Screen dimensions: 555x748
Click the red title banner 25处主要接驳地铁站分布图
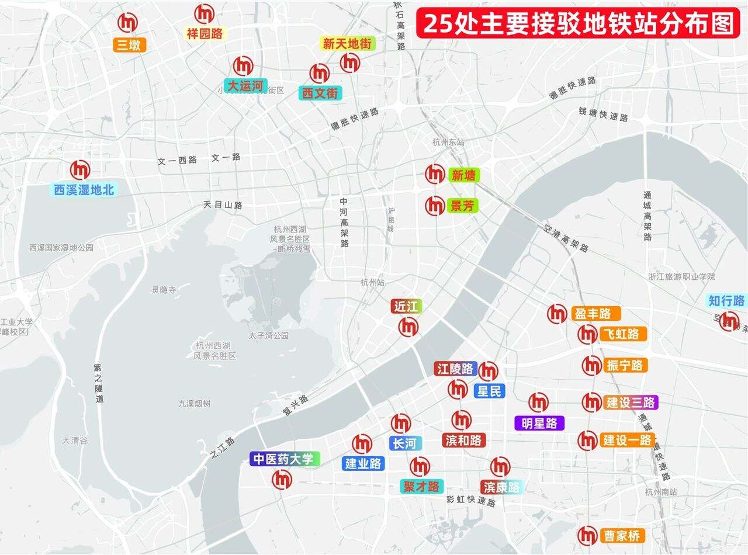point(578,23)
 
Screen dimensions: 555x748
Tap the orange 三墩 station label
point(129,45)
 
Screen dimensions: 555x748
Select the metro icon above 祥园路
point(205,14)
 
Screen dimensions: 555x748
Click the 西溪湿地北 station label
point(84,189)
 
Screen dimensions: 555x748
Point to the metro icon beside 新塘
point(435,174)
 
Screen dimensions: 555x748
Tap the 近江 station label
point(406,307)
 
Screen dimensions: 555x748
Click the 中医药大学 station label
point(285,459)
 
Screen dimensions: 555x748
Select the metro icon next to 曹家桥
point(587,535)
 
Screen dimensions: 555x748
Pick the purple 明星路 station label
point(539,423)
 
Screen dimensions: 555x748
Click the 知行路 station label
point(726,301)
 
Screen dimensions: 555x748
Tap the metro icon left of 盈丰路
point(557,314)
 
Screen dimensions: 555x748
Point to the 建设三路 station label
point(630,403)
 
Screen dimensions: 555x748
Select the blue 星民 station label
point(489,391)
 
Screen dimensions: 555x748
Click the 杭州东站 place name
point(448,142)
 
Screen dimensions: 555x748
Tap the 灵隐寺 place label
point(164,290)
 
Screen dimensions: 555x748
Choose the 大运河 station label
point(245,86)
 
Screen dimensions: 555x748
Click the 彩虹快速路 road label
point(470,500)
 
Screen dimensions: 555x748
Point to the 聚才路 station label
point(421,486)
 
